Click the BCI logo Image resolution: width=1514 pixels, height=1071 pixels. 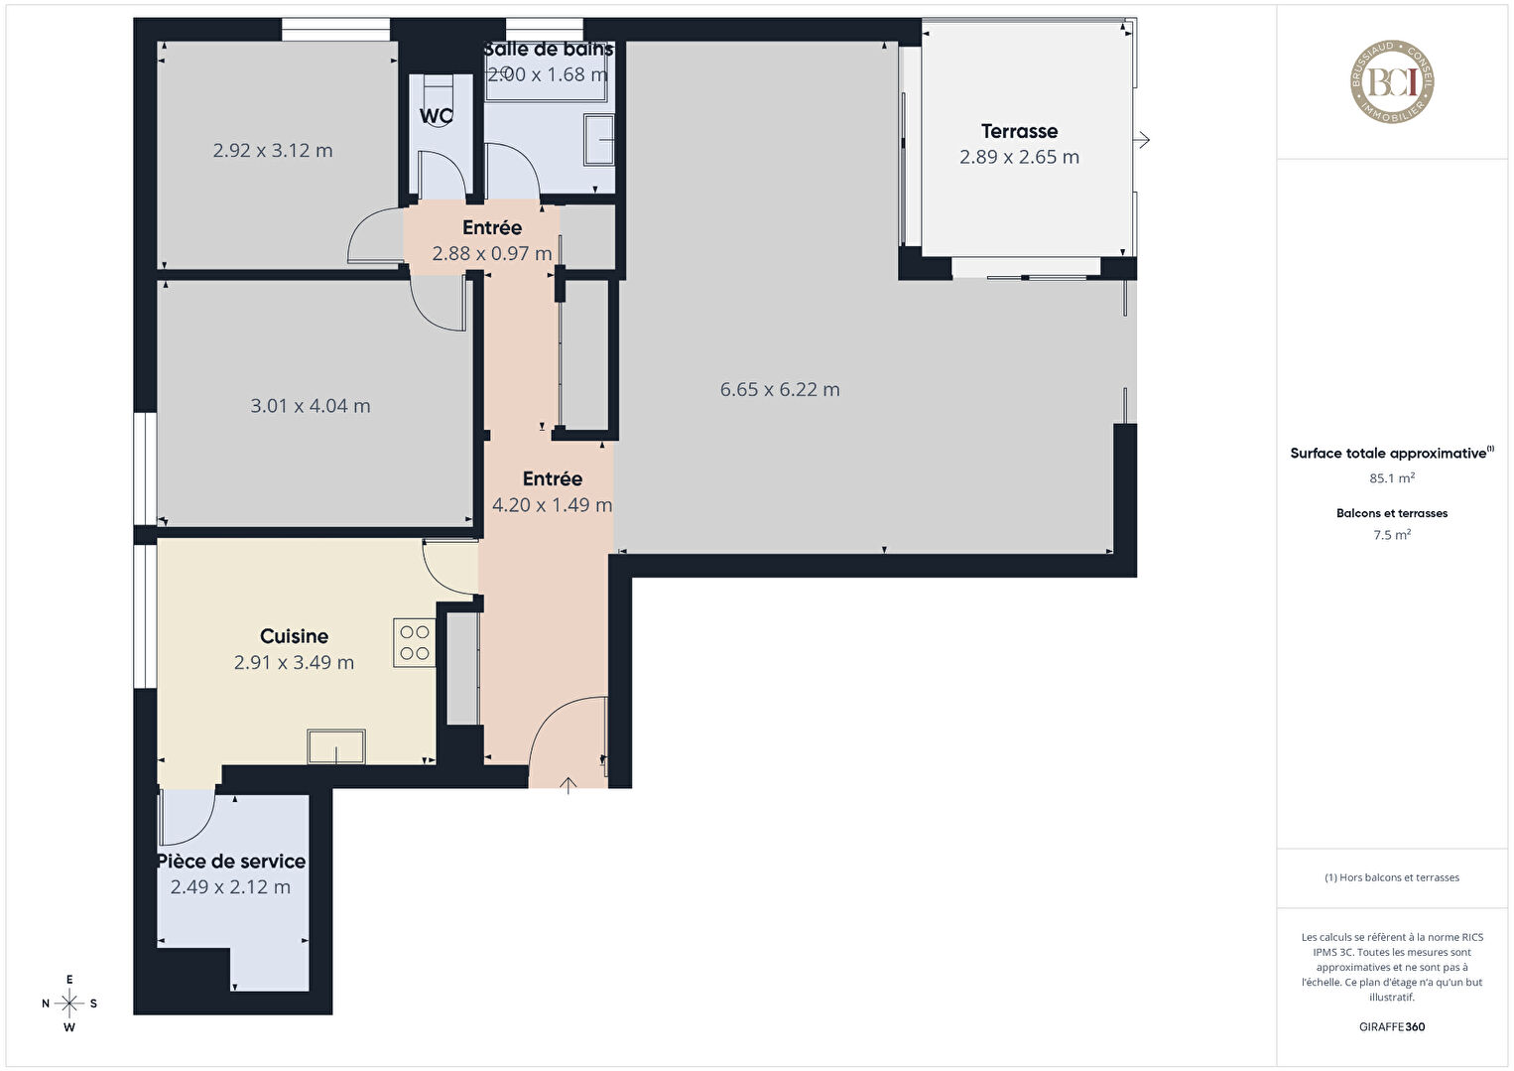[x=1392, y=81]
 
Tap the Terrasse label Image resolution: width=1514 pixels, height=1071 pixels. [x=1019, y=131]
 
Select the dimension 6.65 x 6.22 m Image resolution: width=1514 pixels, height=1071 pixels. [x=780, y=389]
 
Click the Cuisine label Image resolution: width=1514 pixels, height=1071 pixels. [x=294, y=636]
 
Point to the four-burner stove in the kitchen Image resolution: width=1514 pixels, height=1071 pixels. [x=415, y=643]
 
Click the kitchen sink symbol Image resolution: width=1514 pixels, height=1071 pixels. [x=336, y=746]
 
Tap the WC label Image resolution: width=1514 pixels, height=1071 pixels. [x=436, y=116]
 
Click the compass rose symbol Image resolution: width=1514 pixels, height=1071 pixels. [x=68, y=1004]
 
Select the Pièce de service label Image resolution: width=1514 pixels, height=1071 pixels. [x=231, y=862]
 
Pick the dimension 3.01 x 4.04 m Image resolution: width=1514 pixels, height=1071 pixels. [x=311, y=406]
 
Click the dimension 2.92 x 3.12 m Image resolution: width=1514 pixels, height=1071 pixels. [x=273, y=150]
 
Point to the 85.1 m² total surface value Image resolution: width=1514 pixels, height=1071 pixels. [x=1392, y=478]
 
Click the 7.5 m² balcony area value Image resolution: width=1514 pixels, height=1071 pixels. [x=1392, y=535]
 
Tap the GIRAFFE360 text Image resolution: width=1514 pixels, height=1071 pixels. [x=1392, y=1027]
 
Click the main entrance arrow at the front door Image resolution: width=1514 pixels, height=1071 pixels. [x=568, y=786]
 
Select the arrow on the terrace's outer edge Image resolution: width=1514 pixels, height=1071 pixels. [x=1142, y=140]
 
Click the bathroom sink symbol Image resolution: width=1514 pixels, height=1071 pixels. [x=599, y=140]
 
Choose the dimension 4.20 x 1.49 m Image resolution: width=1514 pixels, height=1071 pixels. [x=553, y=505]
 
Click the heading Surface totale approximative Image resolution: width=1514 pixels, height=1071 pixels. [x=1388, y=454]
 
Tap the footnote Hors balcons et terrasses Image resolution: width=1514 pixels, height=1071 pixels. [x=1392, y=877]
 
